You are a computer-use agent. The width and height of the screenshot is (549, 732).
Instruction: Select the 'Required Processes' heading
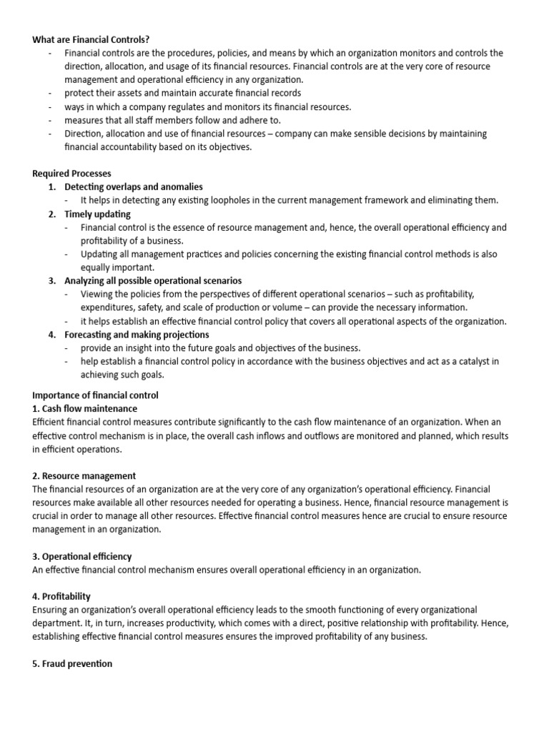pyautogui.click(x=71, y=174)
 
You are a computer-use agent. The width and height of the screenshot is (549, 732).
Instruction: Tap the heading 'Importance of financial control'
pyautogui.click(x=96, y=395)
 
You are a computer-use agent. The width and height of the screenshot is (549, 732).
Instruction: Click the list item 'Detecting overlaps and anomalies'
pyautogui.click(x=134, y=187)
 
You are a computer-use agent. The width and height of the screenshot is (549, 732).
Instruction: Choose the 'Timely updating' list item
pyautogui.click(x=97, y=214)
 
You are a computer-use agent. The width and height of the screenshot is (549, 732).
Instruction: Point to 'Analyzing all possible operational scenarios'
pyautogui.click(x=153, y=281)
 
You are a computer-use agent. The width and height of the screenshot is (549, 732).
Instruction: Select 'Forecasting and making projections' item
pyautogui.click(x=137, y=335)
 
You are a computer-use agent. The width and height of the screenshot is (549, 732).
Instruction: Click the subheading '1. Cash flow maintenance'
pyautogui.click(x=85, y=409)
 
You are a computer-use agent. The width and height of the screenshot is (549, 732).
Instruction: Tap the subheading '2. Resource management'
pyautogui.click(x=84, y=475)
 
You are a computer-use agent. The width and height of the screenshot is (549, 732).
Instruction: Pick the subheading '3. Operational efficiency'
pyautogui.click(x=82, y=556)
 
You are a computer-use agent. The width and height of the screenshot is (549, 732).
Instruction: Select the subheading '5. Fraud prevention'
pyautogui.click(x=72, y=663)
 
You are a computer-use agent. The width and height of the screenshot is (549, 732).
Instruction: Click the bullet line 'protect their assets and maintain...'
pyautogui.click(x=182, y=93)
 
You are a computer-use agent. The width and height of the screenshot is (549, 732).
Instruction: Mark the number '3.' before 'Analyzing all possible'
pyautogui.click(x=52, y=281)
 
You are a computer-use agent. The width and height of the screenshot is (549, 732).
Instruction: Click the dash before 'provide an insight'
pyautogui.click(x=66, y=348)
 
